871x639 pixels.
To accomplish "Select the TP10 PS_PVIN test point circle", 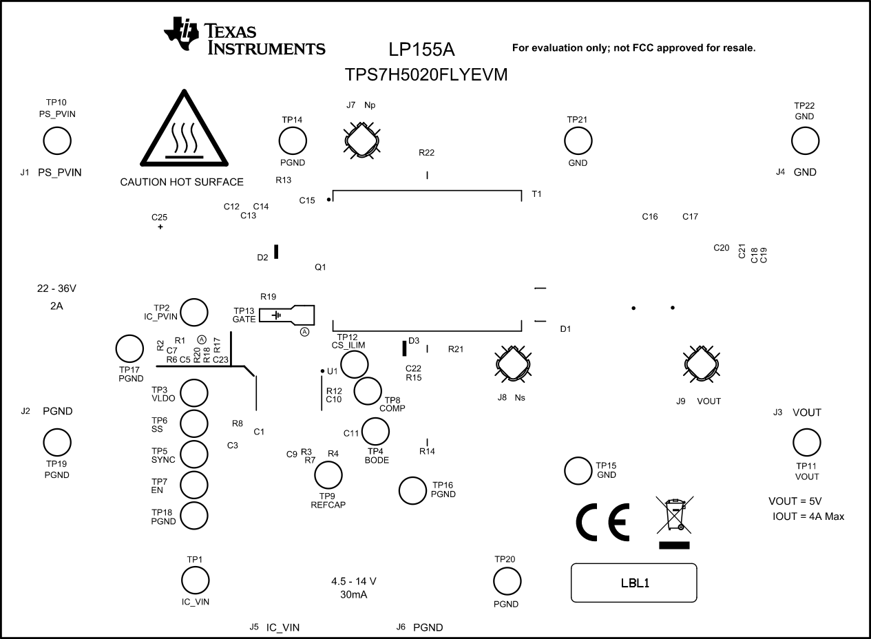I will tap(57, 141).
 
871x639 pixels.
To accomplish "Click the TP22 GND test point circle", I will tap(805, 141).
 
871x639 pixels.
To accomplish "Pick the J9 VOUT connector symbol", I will tap(701, 363).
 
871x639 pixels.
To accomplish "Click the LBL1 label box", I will tap(633, 583).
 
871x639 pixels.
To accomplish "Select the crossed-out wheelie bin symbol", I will tap(674, 516).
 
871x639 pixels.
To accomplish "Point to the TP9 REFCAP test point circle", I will tap(328, 475).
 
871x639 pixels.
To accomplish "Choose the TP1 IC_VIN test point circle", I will tap(195, 579).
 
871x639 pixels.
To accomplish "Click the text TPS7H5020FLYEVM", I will tap(427, 75).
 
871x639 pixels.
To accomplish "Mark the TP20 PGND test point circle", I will tap(507, 582).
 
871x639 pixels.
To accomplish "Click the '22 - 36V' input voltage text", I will tap(57, 288).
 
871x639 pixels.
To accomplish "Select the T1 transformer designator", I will tap(536, 195).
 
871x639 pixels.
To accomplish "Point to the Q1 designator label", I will tap(319, 266).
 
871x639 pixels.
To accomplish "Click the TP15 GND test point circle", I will tap(578, 470).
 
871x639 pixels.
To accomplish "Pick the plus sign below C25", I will tap(160, 227).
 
